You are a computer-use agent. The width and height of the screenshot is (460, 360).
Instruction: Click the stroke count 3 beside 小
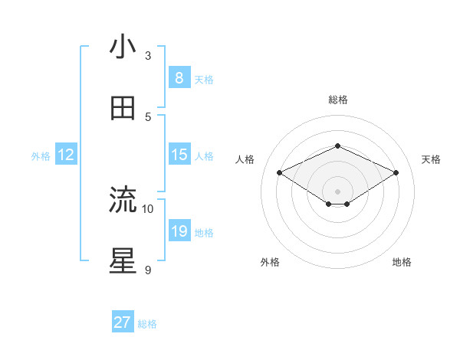coord(148,55)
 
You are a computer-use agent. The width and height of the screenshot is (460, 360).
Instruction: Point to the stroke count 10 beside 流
coord(148,208)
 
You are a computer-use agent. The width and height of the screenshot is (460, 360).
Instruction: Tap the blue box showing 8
coord(179,77)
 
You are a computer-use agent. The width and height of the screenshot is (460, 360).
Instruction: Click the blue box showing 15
coord(179,155)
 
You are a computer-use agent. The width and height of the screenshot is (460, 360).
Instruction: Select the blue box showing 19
coord(179,231)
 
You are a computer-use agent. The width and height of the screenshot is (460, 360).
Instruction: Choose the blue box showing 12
coord(66,155)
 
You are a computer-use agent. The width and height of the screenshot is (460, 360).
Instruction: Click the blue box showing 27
coord(123,322)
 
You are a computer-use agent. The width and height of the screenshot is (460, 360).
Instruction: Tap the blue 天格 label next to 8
coord(204,79)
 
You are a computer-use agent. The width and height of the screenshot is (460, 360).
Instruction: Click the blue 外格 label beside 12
coord(41,156)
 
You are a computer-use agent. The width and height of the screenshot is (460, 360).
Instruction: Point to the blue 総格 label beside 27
coord(147,324)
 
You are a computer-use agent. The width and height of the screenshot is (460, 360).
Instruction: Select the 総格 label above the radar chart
coord(337,100)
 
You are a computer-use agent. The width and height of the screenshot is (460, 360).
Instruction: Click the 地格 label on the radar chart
coord(402,262)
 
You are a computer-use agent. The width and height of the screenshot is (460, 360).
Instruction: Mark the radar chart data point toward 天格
coord(396,173)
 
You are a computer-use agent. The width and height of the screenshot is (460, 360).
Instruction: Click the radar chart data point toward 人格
coord(279,173)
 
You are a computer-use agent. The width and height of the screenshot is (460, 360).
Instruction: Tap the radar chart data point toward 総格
coord(337,145)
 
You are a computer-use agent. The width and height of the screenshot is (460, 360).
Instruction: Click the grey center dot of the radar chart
coord(337,191)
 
